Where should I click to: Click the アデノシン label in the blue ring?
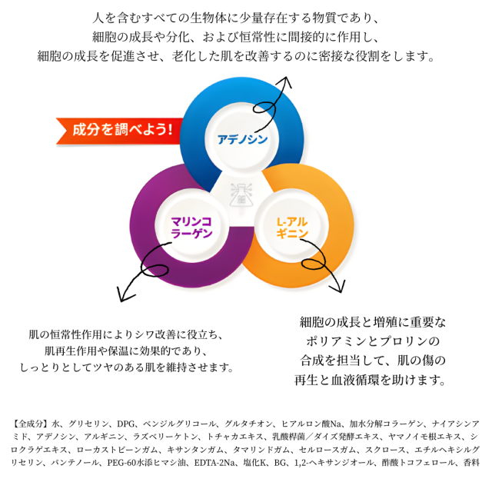242,139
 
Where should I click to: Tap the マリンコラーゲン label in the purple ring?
191,228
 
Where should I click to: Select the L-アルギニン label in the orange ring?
292,228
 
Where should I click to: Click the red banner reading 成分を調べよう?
119,131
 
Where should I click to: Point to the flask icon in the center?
241,194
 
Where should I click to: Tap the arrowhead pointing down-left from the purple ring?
125,295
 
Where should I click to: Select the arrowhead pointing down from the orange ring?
338,287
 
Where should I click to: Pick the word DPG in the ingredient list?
126,424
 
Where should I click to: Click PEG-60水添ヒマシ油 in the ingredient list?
146,463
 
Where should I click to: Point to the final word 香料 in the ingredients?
471,463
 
